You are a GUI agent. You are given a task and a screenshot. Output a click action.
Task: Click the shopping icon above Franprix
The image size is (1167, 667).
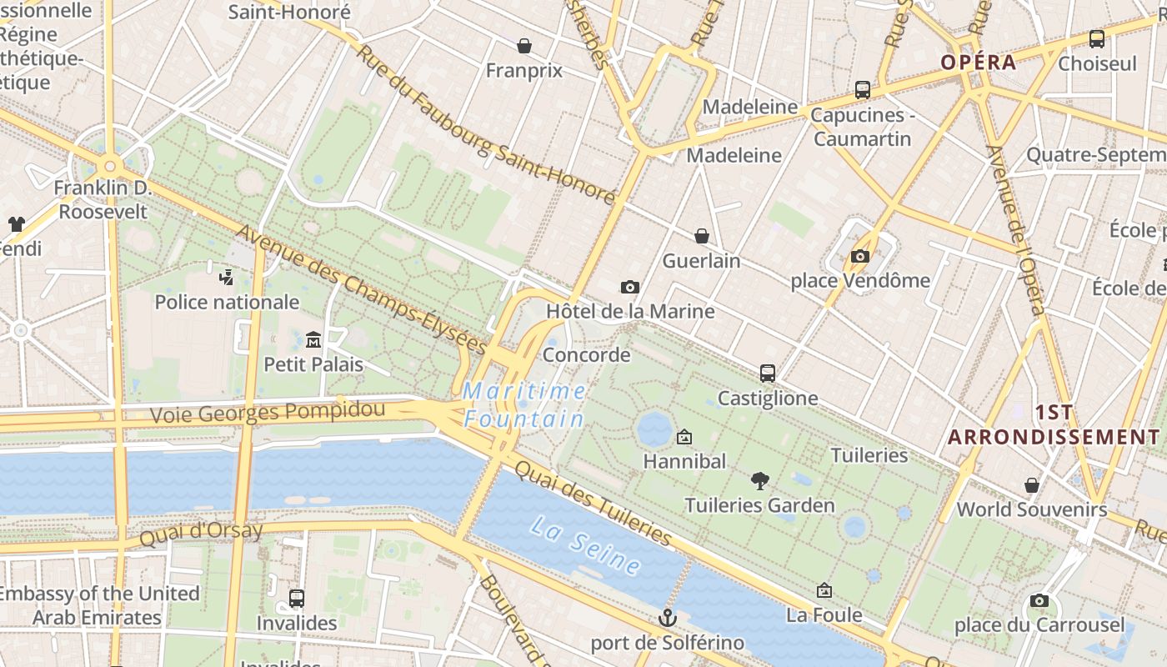click(x=524, y=46)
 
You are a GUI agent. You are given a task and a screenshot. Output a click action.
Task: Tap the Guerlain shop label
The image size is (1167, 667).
click(x=701, y=260)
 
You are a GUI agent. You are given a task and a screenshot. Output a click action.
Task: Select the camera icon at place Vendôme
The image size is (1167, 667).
click(x=860, y=256)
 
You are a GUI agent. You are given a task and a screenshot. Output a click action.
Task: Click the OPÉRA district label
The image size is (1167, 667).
click(x=979, y=63)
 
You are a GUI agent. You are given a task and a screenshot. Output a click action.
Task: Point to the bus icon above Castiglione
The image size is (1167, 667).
click(x=768, y=373)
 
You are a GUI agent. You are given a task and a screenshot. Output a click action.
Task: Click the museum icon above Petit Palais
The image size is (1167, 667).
click(x=313, y=339)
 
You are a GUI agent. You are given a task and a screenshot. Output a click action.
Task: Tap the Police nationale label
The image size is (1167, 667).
click(x=227, y=302)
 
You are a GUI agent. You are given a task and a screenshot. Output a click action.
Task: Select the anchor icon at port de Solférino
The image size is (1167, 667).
click(x=667, y=618)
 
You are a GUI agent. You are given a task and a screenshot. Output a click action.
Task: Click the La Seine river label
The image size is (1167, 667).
click(x=586, y=546)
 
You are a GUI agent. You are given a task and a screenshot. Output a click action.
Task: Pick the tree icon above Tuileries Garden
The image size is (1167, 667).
click(x=759, y=480)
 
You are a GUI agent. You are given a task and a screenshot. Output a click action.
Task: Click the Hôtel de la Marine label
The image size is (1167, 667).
click(x=630, y=311)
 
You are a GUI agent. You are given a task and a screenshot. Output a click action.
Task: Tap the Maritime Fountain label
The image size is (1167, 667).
click(x=524, y=404)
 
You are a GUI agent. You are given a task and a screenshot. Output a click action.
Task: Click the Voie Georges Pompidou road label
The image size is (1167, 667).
click(x=268, y=412)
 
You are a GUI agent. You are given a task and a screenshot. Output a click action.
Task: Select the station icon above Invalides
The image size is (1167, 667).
click(x=296, y=598)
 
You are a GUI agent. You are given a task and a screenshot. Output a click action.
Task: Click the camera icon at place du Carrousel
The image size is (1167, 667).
click(x=1039, y=600)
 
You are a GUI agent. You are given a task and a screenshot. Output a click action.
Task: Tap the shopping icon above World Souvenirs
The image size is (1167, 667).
click(x=1032, y=485)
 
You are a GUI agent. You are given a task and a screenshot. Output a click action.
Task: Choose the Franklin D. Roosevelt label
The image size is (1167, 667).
click(x=103, y=199)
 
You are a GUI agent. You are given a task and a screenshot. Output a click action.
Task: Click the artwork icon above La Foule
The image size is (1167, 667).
click(x=824, y=590)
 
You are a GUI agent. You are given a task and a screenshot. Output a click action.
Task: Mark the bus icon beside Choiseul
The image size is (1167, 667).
click(x=1097, y=38)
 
